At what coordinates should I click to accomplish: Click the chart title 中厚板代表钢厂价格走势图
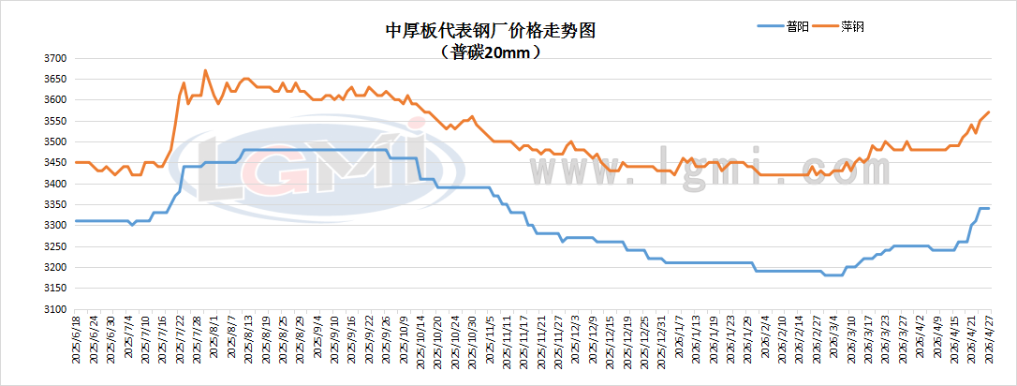tap(491, 31)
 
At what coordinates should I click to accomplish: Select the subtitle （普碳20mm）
tap(491, 53)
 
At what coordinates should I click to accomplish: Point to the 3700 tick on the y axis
tap(54, 58)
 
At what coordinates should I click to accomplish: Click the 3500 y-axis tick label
tap(54, 141)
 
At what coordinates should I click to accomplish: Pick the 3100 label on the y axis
tap(54, 309)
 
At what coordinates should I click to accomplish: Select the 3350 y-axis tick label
tap(54, 204)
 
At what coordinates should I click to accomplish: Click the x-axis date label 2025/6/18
tap(78, 345)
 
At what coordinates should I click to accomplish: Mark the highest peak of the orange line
tap(205, 70)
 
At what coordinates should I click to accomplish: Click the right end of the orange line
tap(989, 112)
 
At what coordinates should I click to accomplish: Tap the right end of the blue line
tap(989, 208)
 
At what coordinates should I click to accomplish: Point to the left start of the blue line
tap(75, 221)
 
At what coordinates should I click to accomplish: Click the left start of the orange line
tap(75, 162)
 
